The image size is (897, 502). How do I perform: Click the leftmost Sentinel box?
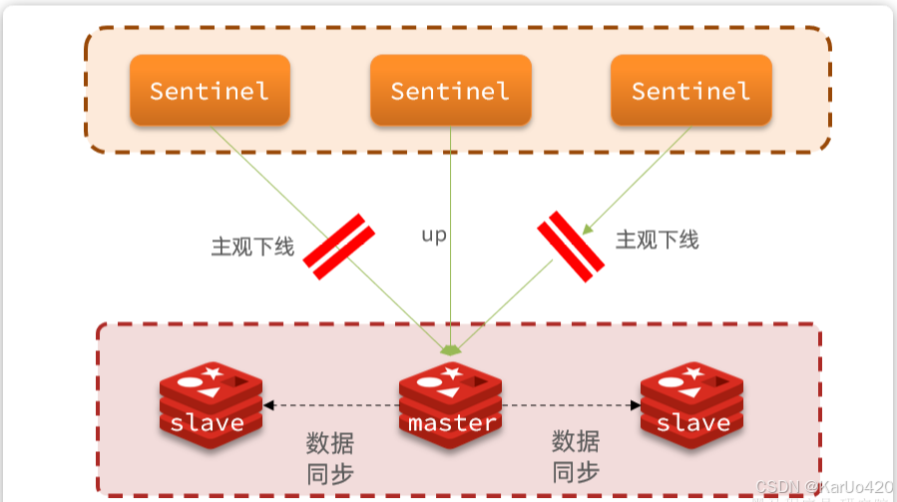[210, 91]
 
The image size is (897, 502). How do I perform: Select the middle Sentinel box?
[450, 91]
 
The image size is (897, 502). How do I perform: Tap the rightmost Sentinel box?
[690, 91]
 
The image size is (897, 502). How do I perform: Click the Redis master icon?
[450, 400]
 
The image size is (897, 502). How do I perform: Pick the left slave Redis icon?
[210, 400]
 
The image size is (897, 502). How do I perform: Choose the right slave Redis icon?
[690, 400]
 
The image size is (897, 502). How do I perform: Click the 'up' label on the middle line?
[434, 236]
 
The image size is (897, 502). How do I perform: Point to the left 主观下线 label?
[252, 247]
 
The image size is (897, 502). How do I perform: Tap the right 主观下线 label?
[657, 240]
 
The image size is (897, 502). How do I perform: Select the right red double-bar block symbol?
[571, 246]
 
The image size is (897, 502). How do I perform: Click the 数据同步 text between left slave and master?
[329, 457]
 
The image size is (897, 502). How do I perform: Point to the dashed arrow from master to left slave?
[329, 405]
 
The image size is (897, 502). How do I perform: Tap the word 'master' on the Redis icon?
[452, 423]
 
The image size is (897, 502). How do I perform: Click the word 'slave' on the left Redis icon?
[208, 423]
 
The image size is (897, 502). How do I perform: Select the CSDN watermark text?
[823, 487]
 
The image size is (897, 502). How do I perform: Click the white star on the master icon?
[451, 373]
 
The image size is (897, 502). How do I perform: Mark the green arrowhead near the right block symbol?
[589, 229]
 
